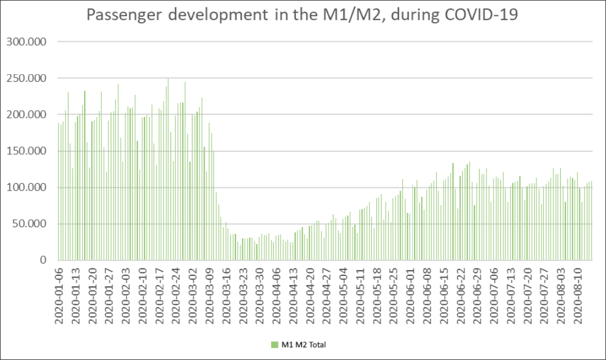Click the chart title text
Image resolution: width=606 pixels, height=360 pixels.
click(x=302, y=16)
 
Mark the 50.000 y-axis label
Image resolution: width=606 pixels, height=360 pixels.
click(x=31, y=224)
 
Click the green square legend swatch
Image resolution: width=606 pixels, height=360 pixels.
click(x=275, y=345)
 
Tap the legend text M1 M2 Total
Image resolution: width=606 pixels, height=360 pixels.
click(x=304, y=345)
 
